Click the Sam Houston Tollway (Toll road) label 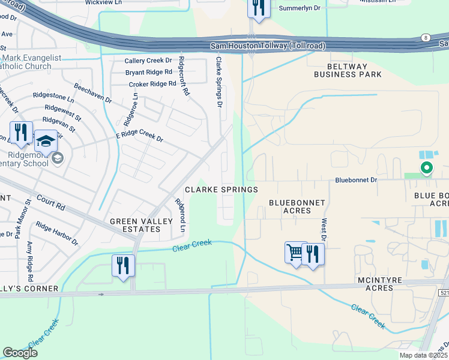point(268,46)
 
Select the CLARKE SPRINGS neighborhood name point(221,190)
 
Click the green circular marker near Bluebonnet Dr point(426,169)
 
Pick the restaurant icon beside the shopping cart point(312,254)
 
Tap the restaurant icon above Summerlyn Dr point(258,8)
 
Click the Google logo point(20,353)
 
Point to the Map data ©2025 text point(424,355)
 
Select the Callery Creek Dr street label point(148,61)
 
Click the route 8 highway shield point(425,37)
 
